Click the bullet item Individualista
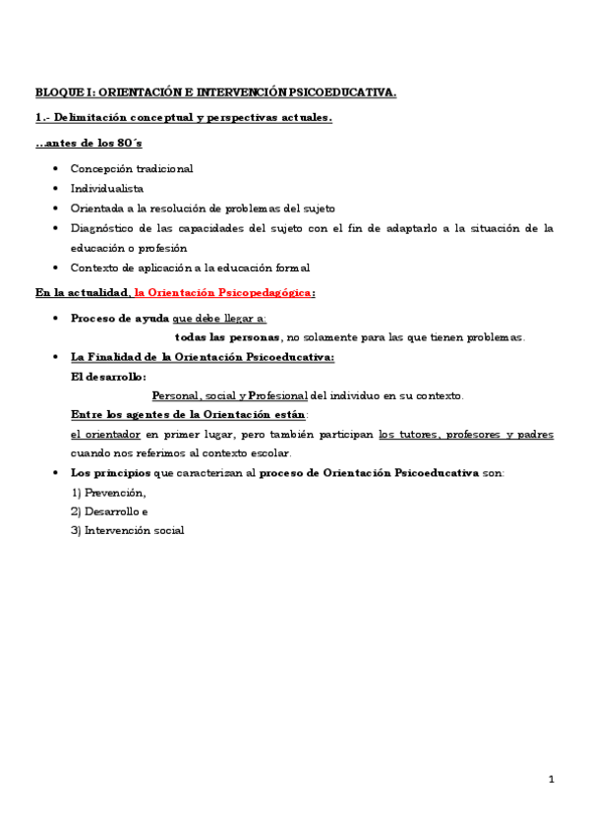pos(107,188)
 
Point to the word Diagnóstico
pos(104,228)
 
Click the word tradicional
pos(162,168)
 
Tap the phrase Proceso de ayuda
pos(120,319)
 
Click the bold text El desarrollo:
pos(108,376)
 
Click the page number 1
pos(552,780)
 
